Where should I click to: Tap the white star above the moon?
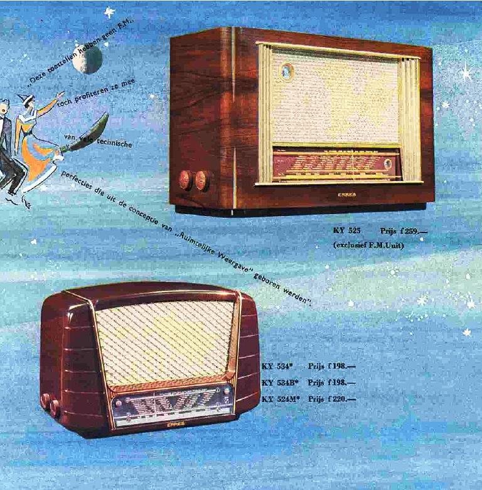(109, 12)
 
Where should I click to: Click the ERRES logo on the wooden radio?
(346, 194)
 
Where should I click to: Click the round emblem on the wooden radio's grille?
(286, 72)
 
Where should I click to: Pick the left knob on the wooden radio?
(186, 180)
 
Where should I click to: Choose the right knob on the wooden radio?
(202, 180)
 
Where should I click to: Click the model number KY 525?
(346, 231)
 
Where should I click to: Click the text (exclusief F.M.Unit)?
(368, 245)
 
